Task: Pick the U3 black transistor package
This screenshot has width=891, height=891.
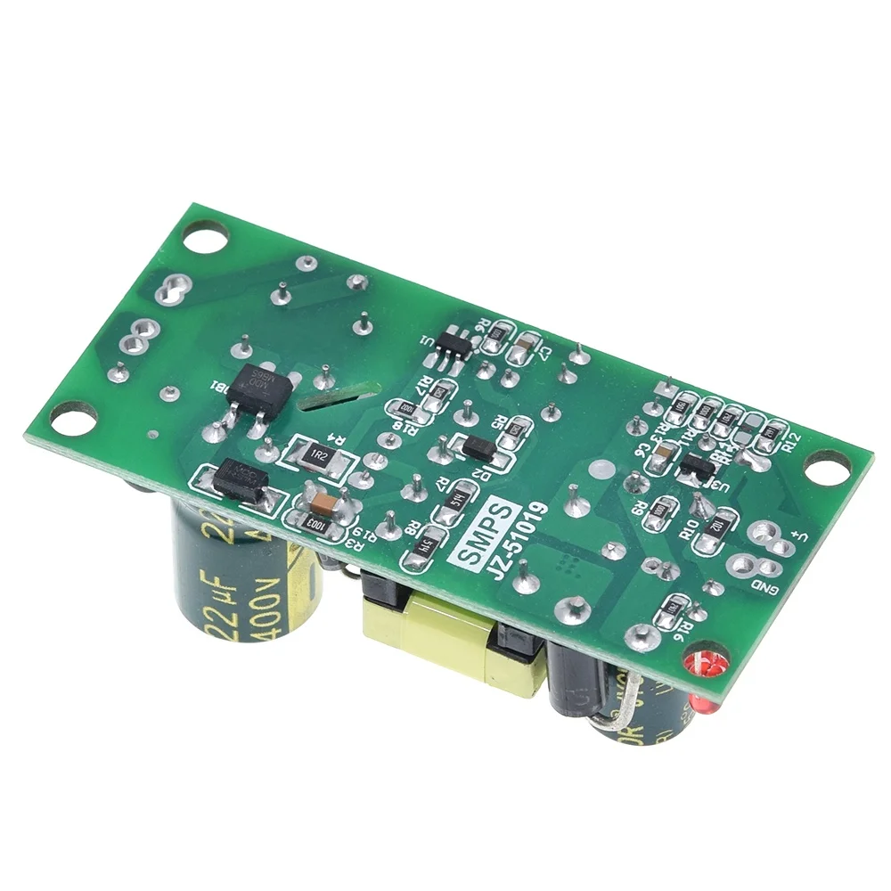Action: tap(696, 464)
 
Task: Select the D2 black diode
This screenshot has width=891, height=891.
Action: tap(478, 448)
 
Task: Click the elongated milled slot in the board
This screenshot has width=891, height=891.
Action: tap(339, 396)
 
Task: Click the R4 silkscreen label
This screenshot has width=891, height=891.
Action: tap(337, 437)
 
